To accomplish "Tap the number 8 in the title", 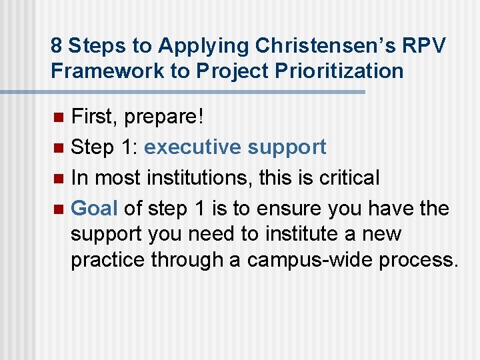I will tap(57, 45).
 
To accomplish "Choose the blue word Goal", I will tap(95, 209).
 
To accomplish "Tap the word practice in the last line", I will tap(108, 259).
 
